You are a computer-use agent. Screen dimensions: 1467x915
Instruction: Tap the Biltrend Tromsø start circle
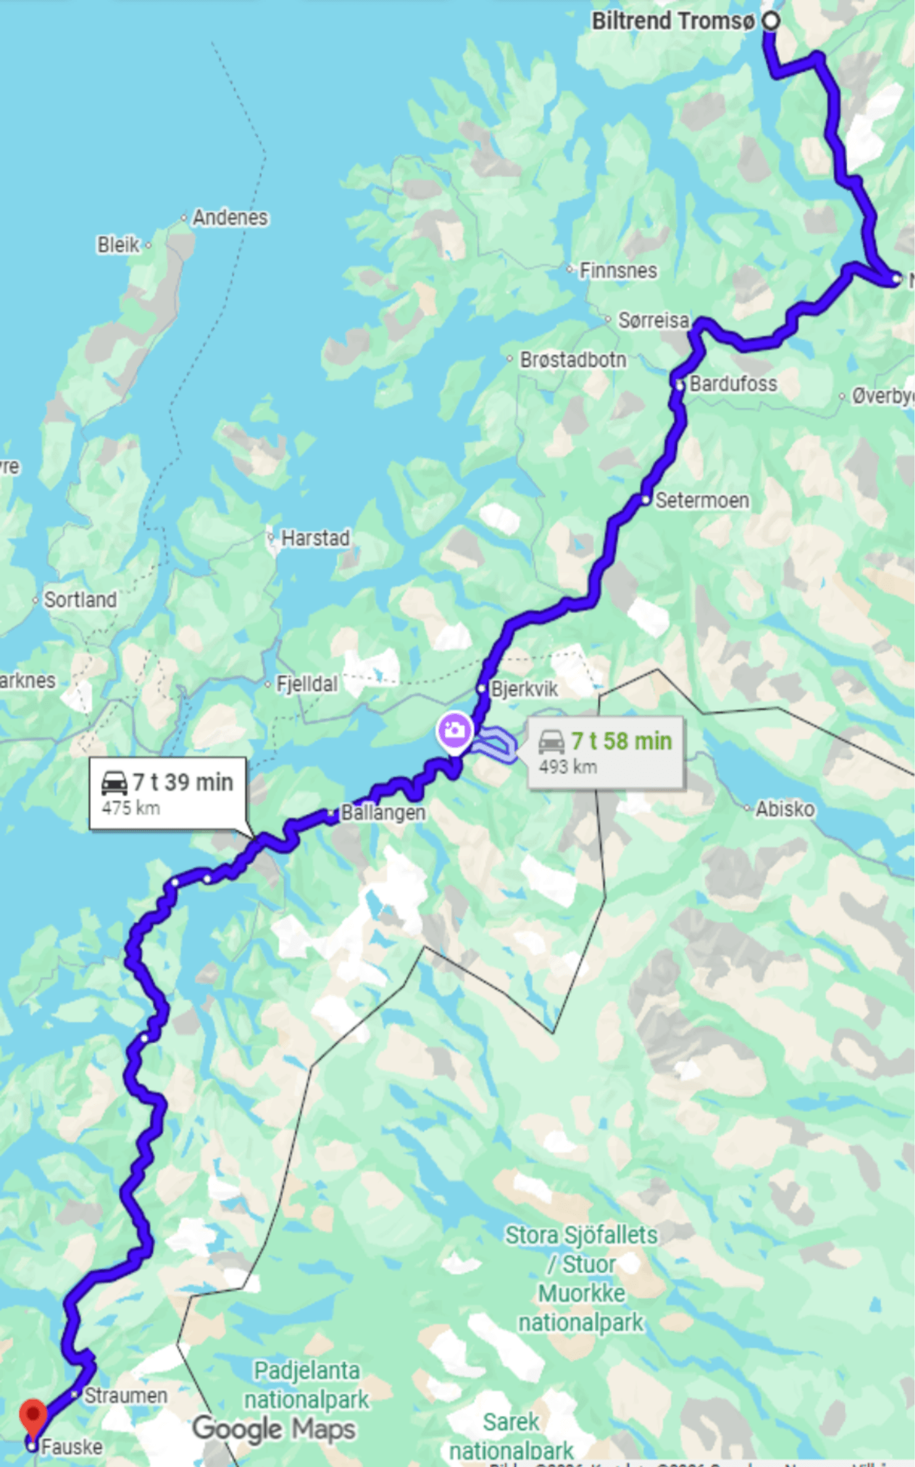[x=771, y=21]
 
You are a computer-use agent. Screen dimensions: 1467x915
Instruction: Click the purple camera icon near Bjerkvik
[x=455, y=729]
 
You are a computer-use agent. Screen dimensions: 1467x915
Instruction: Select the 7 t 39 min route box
[x=167, y=793]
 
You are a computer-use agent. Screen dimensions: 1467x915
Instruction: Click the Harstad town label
[x=315, y=538]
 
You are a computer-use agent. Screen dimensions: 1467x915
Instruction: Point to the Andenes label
[x=230, y=218]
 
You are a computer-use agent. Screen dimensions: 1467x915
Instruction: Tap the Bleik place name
[x=118, y=245]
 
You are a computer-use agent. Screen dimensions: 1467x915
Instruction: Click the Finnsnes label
[x=618, y=271]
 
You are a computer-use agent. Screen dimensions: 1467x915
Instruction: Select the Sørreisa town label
[x=654, y=320]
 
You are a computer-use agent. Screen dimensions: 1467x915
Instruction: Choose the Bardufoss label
[x=733, y=384]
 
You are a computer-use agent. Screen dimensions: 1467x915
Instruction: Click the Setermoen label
[x=702, y=501]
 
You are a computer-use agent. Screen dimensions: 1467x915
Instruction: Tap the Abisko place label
[x=785, y=809]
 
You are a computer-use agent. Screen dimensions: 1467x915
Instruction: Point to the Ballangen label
[x=383, y=813]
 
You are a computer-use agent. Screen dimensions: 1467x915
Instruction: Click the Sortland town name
[x=80, y=600]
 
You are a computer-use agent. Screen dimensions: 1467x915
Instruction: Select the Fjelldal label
[x=307, y=684]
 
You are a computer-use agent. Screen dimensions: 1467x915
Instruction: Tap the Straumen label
[x=125, y=1395]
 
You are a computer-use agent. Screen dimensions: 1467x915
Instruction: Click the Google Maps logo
[x=274, y=1428]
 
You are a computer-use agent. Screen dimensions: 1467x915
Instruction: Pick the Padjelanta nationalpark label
[x=307, y=1385]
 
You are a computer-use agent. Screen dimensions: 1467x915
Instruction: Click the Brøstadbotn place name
[x=573, y=359]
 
